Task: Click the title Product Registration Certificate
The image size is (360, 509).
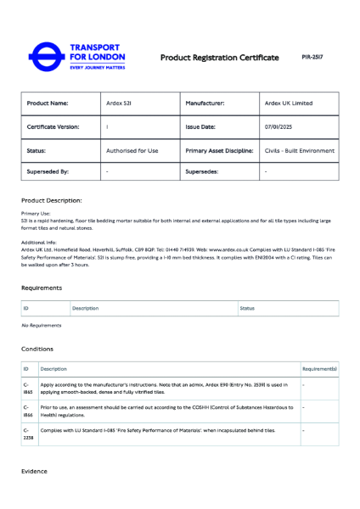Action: (219, 58)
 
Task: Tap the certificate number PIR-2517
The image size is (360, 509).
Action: (312, 57)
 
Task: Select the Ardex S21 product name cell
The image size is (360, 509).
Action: (118, 103)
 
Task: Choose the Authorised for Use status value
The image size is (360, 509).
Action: (132, 150)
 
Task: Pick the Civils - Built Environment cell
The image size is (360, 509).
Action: (299, 150)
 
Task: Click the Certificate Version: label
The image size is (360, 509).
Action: (53, 126)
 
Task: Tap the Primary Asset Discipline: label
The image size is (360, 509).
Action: (219, 150)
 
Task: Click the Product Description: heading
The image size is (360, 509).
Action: (52, 200)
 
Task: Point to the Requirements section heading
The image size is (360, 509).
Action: (42, 288)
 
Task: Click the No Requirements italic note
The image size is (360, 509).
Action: (42, 325)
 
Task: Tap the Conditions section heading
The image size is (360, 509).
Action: (37, 349)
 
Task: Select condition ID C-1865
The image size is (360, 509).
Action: (27, 388)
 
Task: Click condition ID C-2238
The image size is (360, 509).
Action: (27, 433)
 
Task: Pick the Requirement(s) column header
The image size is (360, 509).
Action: (319, 369)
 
